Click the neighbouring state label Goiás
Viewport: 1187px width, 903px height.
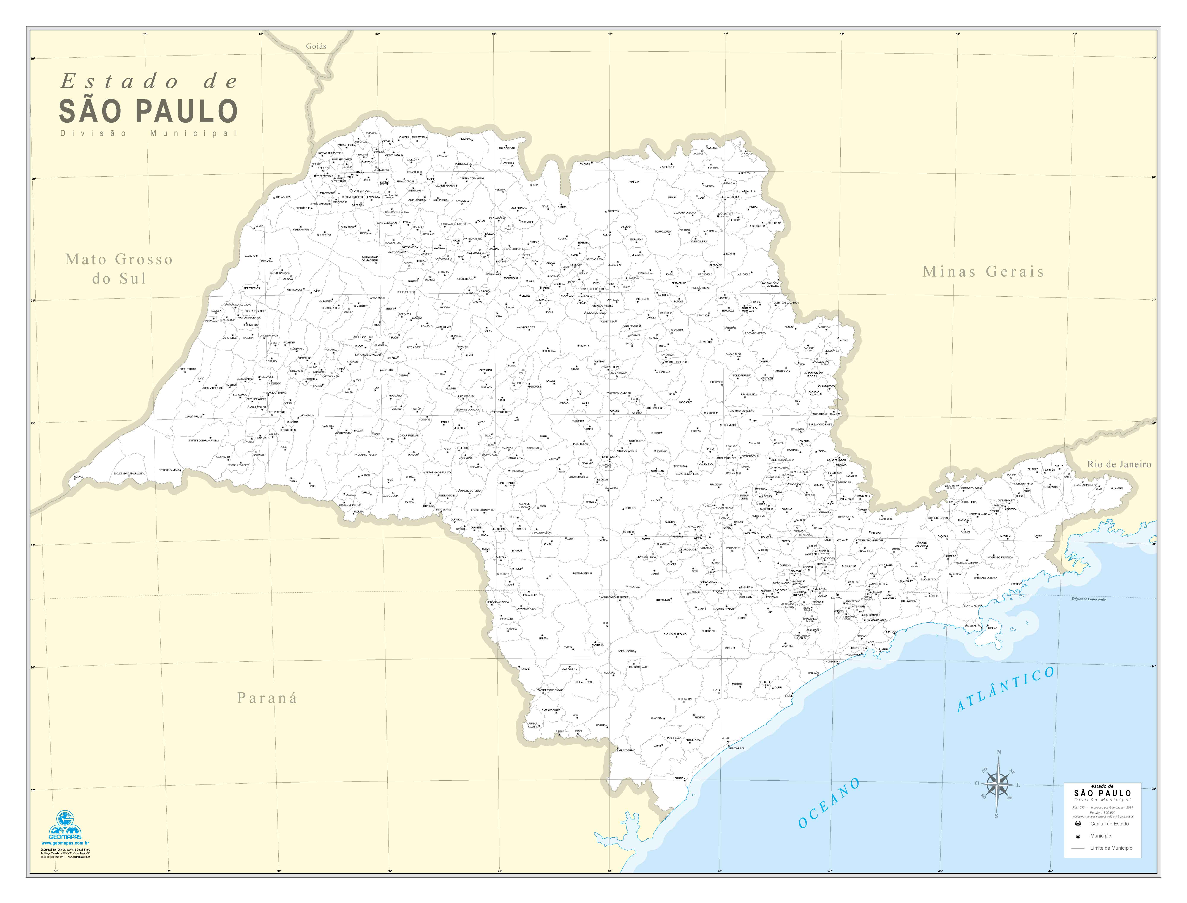click(x=316, y=46)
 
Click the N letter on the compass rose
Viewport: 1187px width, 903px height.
click(x=999, y=753)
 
